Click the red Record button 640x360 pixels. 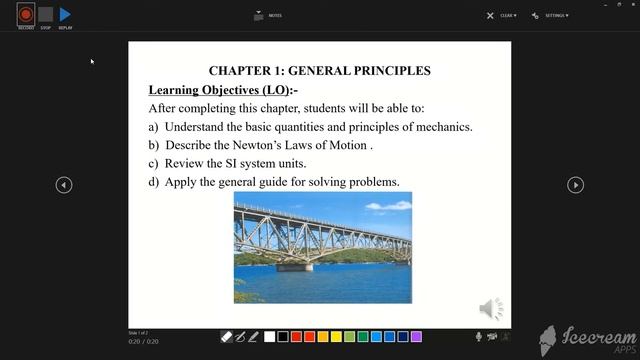[x=25, y=15]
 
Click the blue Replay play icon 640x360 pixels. [x=65, y=15]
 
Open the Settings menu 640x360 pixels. [x=551, y=16]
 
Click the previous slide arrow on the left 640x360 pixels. [x=64, y=185]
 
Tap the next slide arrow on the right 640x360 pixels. [x=575, y=185]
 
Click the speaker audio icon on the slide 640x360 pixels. [x=491, y=308]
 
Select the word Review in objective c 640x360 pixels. [x=186, y=163]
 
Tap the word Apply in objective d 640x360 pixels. [x=180, y=182]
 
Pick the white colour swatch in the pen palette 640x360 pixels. [x=269, y=337]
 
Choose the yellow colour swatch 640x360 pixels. [x=336, y=337]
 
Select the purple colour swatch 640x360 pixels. [x=417, y=337]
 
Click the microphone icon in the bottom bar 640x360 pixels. [x=479, y=337]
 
